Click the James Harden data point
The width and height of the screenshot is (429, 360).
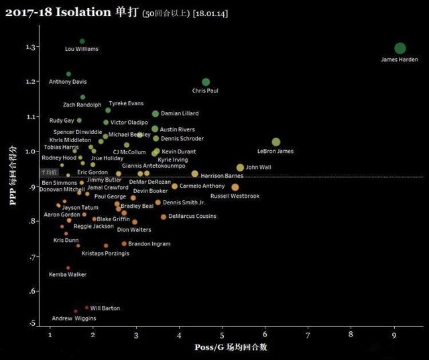coord(400,48)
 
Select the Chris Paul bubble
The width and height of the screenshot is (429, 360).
coord(206,82)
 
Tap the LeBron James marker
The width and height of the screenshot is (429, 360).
coord(276,142)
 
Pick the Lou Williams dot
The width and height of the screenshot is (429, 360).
coord(82,42)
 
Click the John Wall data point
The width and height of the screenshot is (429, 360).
coord(240,168)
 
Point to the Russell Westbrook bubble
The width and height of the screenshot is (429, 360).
coord(235,187)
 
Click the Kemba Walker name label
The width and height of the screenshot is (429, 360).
coord(68,274)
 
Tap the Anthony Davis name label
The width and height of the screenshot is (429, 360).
coord(68,82)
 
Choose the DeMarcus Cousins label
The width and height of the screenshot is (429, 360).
coord(192,217)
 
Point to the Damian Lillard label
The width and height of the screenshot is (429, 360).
coord(180,114)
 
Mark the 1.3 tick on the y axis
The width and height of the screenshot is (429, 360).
coord(30,47)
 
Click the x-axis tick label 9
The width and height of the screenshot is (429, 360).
coord(394,334)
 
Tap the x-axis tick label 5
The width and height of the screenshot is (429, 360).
coord(222,334)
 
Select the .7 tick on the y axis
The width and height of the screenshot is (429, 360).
coord(32,257)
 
